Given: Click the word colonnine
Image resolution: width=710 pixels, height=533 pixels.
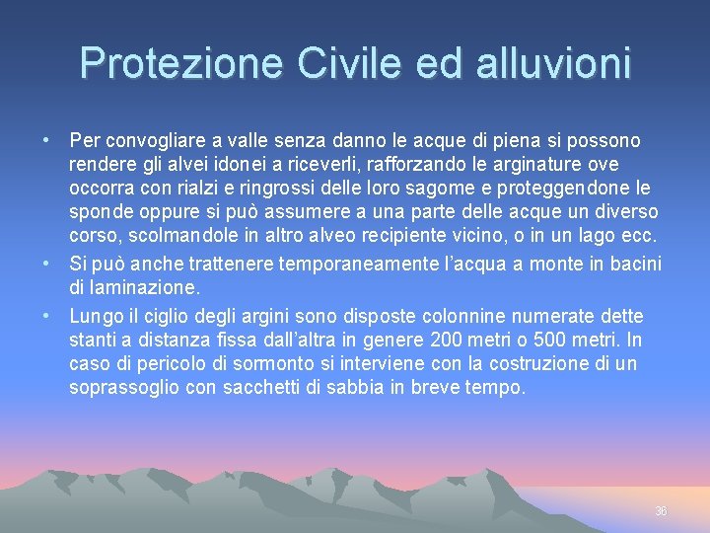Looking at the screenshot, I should (463, 316).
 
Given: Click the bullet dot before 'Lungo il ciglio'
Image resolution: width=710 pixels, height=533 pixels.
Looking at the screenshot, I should (47, 316).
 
